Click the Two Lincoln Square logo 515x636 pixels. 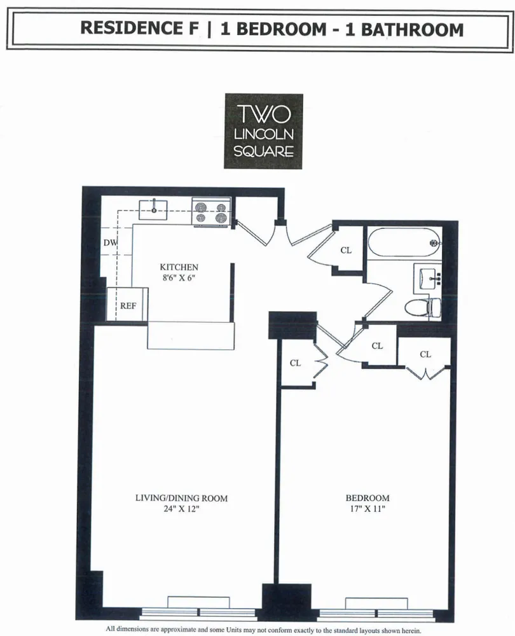(263, 131)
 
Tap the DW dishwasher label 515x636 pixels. (110, 244)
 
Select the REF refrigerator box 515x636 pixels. (128, 305)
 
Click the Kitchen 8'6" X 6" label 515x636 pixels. (179, 272)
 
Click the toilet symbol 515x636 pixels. (422, 307)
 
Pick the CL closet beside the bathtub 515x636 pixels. (345, 251)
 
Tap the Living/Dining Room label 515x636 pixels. (182, 498)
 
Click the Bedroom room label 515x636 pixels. (367, 498)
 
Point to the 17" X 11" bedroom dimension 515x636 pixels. (367, 509)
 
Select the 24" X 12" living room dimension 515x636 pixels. (182, 509)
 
